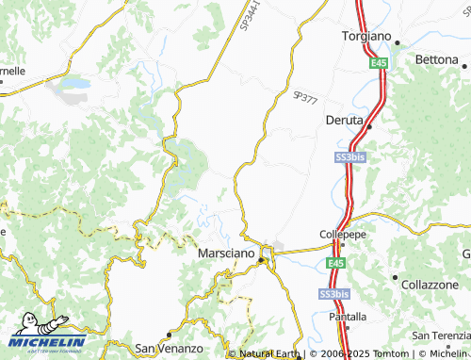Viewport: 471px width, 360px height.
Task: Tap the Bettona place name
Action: (x=436, y=58)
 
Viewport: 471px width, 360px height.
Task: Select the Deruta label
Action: (x=345, y=121)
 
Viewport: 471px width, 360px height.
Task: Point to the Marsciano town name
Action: (x=226, y=254)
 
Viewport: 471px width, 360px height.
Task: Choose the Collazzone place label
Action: (x=430, y=284)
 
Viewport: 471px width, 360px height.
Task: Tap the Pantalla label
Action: (x=348, y=317)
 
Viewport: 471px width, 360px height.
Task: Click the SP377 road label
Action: (x=305, y=96)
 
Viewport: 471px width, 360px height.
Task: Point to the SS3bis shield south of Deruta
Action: (x=349, y=158)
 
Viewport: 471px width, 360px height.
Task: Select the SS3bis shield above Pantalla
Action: (x=332, y=294)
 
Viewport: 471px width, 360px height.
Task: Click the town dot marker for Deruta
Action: (x=369, y=125)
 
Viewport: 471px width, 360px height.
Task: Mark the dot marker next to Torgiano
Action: (x=398, y=41)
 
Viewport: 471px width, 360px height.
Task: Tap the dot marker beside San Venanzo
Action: (x=168, y=335)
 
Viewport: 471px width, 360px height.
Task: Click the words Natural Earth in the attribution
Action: (x=269, y=354)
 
